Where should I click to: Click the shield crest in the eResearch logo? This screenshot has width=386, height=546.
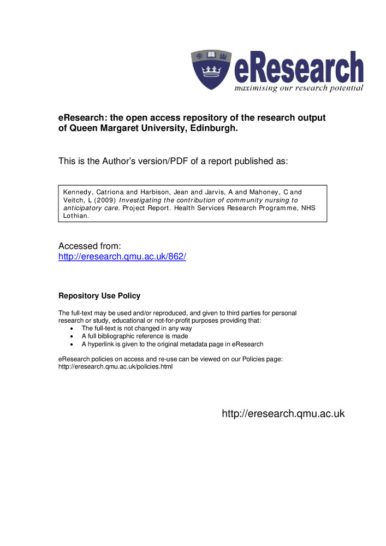pos(211,70)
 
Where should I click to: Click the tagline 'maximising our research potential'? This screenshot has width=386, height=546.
pos(299,88)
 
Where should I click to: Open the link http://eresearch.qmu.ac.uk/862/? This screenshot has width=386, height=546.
pos(122,256)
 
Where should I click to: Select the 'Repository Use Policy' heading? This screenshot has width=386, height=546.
pos(99,296)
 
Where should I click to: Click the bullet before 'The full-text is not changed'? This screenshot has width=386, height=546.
pos(73,329)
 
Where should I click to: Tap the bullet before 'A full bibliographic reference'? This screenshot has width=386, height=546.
pos(73,336)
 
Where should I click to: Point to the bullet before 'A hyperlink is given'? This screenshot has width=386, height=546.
pos(73,345)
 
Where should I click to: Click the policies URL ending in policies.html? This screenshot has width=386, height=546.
pos(115,367)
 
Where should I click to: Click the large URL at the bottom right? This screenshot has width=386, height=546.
pos(283,414)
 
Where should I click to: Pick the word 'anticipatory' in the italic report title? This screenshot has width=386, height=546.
pos(81,208)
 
